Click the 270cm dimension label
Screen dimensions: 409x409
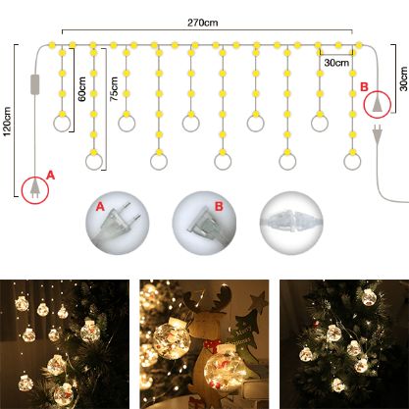pyautogui.click(x=202, y=23)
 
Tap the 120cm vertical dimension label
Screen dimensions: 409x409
pyautogui.click(x=7, y=121)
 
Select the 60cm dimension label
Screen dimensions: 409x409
pyautogui.click(x=81, y=89)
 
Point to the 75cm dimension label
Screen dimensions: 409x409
pyautogui.click(x=114, y=89)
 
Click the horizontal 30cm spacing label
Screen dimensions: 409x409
pyautogui.click(x=336, y=63)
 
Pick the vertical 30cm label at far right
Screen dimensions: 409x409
pyautogui.click(x=404, y=78)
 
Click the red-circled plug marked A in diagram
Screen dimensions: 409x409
pyautogui.click(x=35, y=190)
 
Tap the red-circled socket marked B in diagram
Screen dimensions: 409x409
pyautogui.click(x=378, y=104)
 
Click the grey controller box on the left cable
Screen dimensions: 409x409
pyautogui.click(x=35, y=84)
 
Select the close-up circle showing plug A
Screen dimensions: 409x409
pyautogui.click(x=118, y=223)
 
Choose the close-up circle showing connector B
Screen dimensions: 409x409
pyautogui.click(x=204, y=223)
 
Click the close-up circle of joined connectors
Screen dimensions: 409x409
pyautogui.click(x=291, y=223)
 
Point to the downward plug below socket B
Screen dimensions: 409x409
pyautogui.click(x=378, y=134)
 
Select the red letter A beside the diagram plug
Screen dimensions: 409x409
pyautogui.click(x=50, y=176)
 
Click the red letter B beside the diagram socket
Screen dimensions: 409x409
pyautogui.click(x=364, y=87)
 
